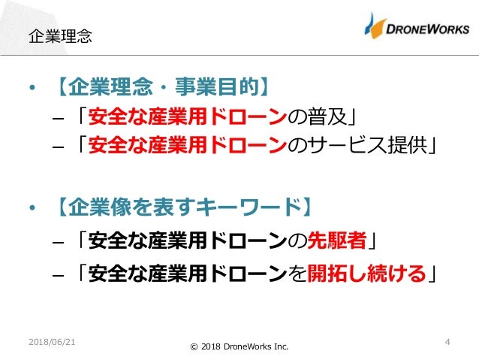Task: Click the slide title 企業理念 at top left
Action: [x=59, y=35]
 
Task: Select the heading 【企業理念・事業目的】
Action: [x=161, y=89]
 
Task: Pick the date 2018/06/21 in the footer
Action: [x=52, y=342]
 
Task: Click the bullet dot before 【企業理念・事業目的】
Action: [x=31, y=89]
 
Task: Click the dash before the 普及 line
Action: [x=59, y=118]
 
